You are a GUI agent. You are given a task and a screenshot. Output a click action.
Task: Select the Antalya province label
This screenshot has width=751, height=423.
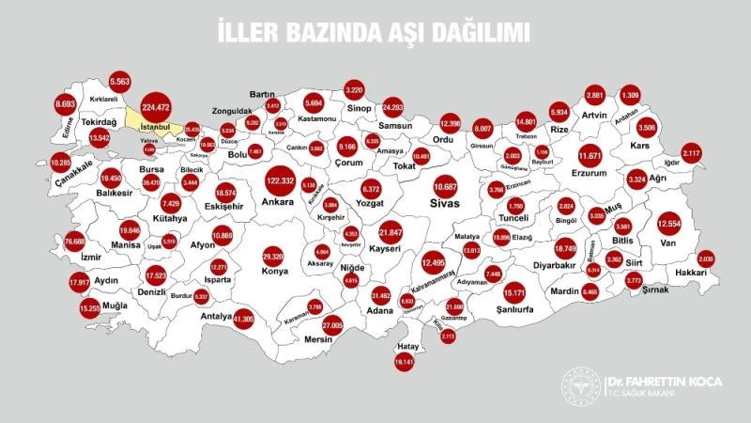click(216, 316)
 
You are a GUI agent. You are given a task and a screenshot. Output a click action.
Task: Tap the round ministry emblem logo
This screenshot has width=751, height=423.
click(579, 386)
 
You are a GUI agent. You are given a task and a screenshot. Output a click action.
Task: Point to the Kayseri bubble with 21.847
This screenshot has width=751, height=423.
click(391, 231)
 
